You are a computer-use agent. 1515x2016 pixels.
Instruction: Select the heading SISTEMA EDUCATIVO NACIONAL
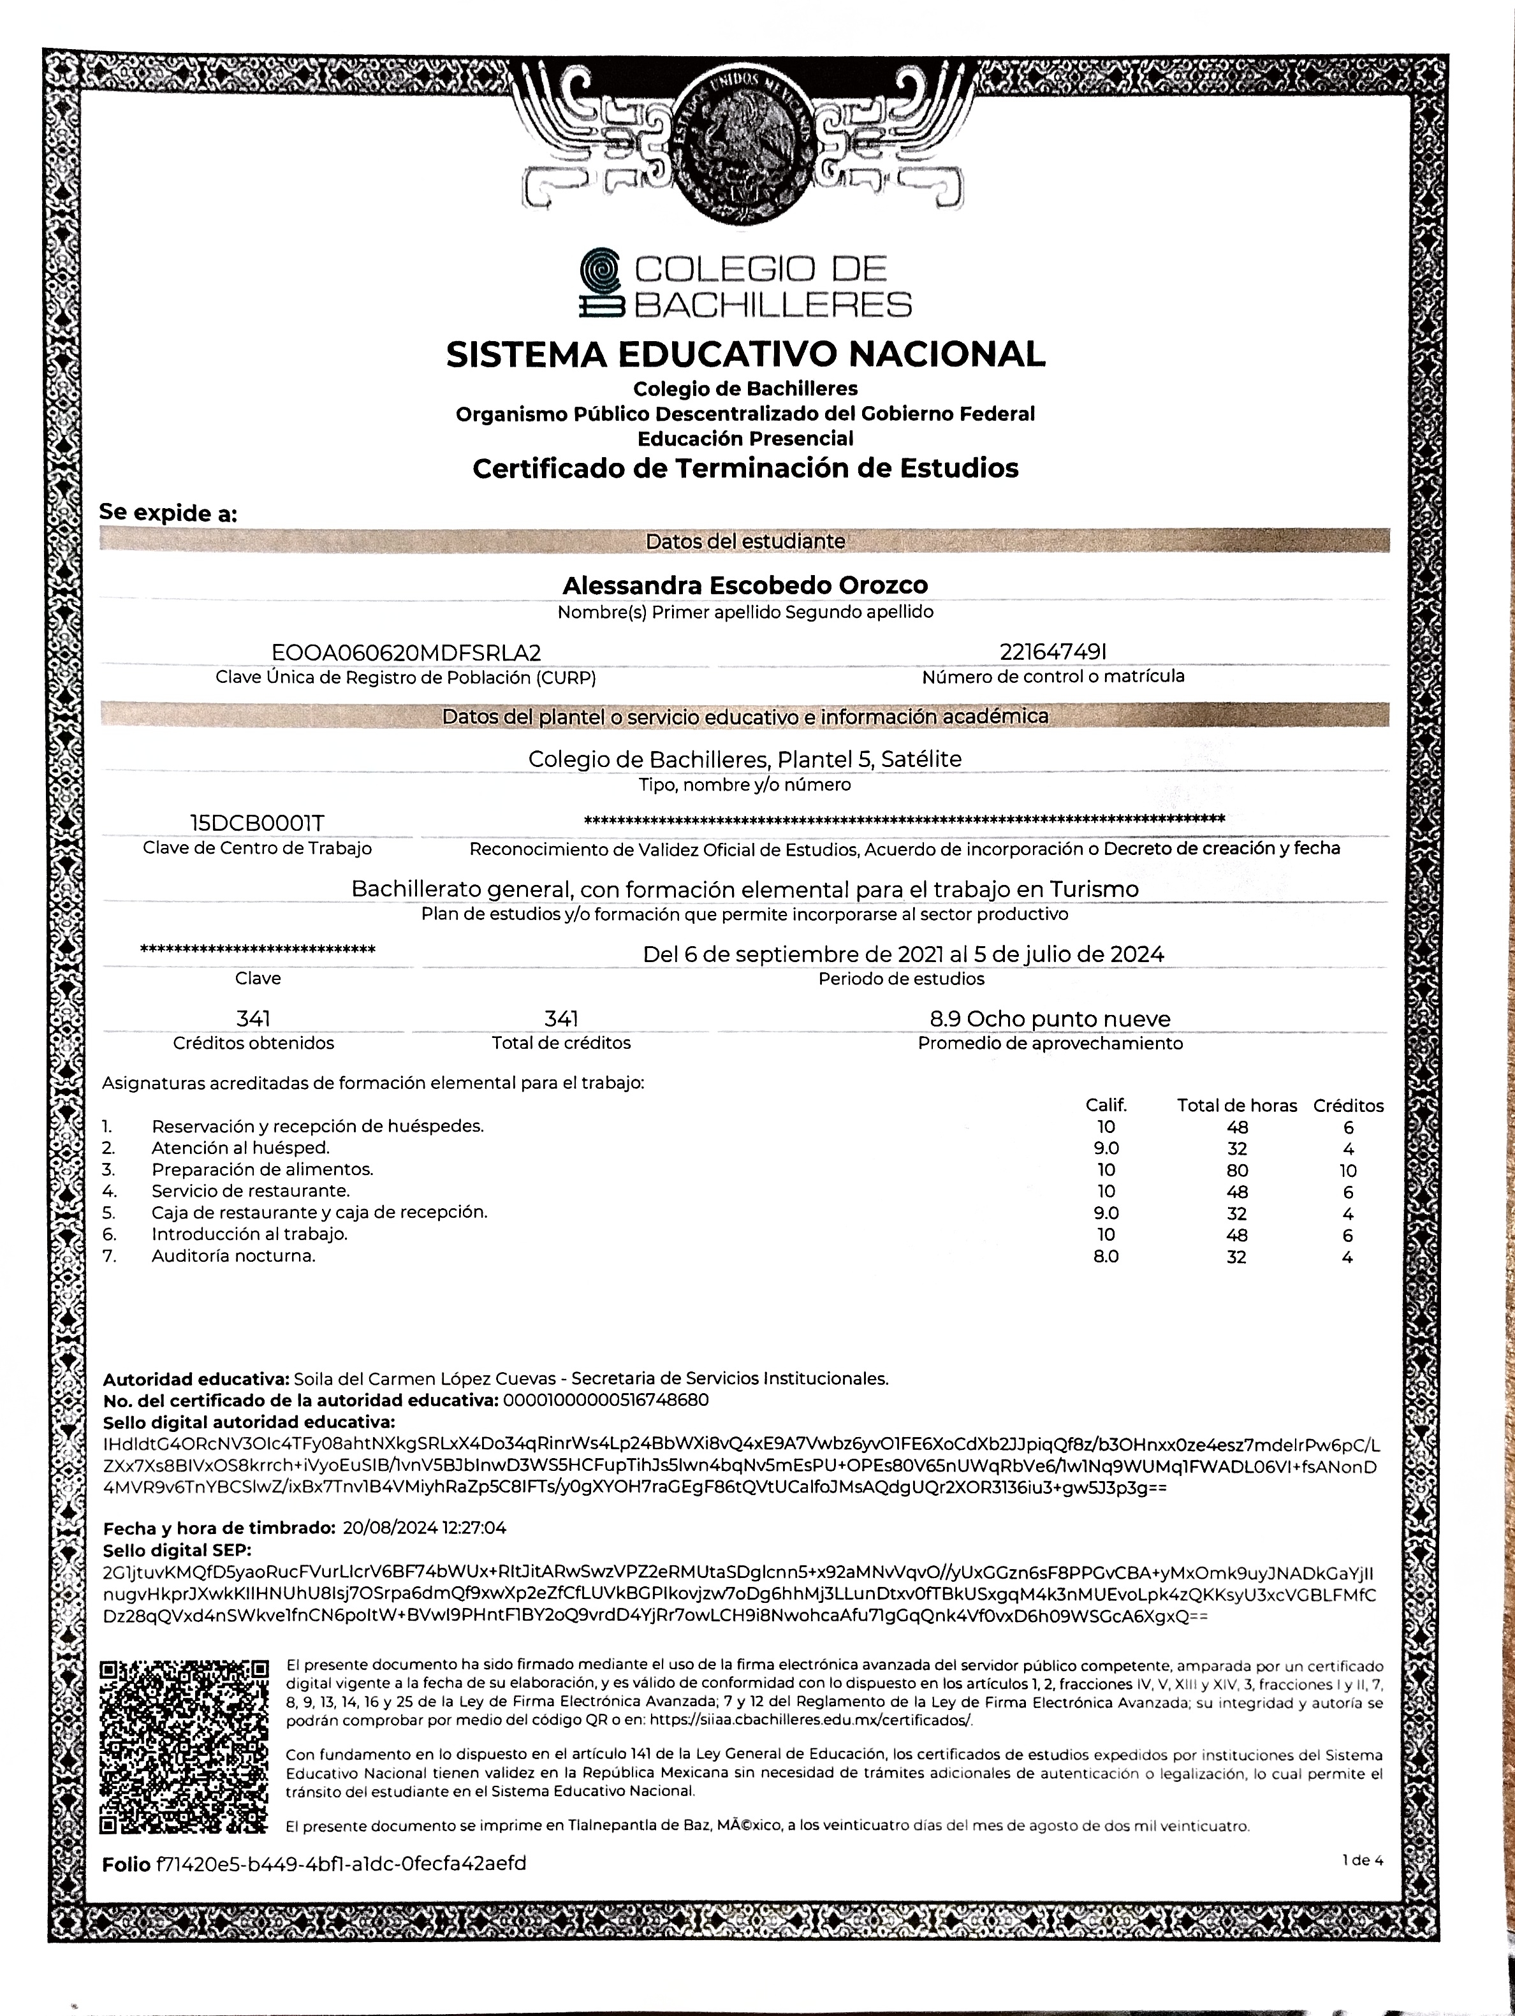tap(745, 354)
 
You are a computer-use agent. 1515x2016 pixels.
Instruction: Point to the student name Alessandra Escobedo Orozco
tap(745, 585)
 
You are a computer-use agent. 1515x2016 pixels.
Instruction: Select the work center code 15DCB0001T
tap(256, 823)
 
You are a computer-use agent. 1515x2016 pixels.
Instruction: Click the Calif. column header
tap(1106, 1106)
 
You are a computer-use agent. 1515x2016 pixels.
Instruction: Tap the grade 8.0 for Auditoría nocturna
tap(1106, 1257)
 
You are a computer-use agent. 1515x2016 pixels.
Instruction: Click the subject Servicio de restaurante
tap(251, 1191)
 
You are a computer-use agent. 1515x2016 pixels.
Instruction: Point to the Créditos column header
tap(1347, 1106)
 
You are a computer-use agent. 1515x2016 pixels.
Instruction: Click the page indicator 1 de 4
tap(1362, 1860)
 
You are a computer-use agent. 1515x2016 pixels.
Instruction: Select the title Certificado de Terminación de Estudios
tap(745, 469)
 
